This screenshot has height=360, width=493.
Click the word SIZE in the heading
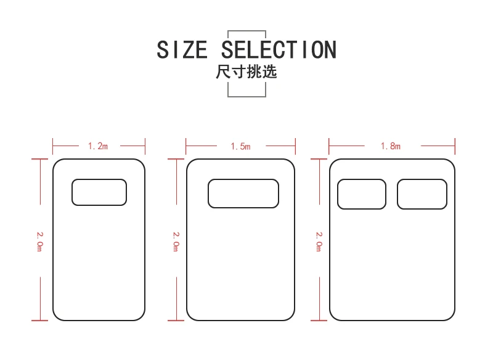coord(182,49)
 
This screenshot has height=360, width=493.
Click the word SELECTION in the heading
coord(279,49)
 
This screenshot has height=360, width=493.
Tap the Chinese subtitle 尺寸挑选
coord(246,72)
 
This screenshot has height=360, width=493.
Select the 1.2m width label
coord(98,146)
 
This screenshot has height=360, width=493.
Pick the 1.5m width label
coord(240,146)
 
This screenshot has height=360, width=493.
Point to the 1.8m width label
coord(391,146)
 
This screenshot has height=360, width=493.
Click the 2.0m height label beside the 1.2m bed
coord(40,240)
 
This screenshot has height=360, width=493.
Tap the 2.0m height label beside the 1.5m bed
coord(176,240)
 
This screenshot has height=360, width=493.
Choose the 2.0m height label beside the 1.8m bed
coord(319,240)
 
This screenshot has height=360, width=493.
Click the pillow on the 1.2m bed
coord(99,192)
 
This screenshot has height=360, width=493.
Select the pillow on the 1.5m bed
coord(243,194)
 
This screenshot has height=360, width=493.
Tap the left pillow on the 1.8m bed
coord(362,194)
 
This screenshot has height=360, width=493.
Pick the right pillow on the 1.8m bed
coord(422,194)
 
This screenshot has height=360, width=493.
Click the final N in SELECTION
coord(328,49)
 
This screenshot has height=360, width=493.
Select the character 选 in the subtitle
coord(270,72)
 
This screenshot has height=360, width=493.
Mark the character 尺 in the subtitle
coord(223,72)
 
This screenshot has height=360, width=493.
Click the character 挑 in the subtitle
coord(254,72)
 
